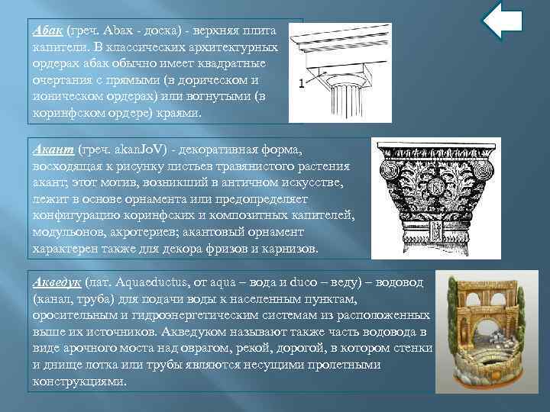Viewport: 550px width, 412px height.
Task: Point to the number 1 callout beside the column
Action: (302, 84)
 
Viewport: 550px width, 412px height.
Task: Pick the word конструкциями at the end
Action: (77, 381)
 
